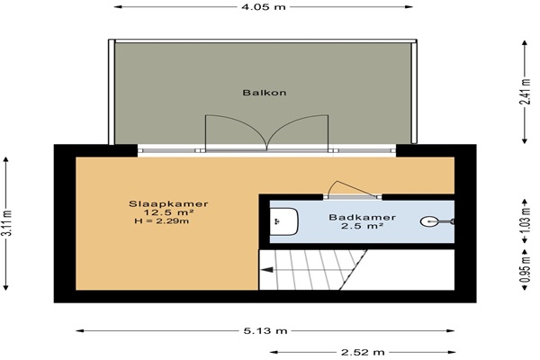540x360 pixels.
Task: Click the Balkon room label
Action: [x=264, y=93]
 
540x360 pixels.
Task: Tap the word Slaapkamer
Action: [x=168, y=204]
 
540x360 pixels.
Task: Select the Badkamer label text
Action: [x=363, y=218]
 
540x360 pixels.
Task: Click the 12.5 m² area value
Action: [x=168, y=212]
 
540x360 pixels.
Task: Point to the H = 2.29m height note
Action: [x=161, y=221]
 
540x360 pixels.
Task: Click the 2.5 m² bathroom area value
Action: [x=363, y=226]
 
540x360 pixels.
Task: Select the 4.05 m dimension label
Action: [x=264, y=7]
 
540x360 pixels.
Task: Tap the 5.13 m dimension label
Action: [x=265, y=331]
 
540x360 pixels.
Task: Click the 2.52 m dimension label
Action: [x=363, y=353]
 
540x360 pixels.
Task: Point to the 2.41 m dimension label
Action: [x=525, y=92]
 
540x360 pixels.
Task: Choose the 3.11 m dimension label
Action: [x=6, y=223]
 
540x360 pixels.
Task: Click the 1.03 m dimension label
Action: [x=525, y=220]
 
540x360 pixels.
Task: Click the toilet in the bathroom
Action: [x=283, y=221]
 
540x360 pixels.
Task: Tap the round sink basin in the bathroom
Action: [x=430, y=221]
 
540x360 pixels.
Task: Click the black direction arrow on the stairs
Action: [x=267, y=270]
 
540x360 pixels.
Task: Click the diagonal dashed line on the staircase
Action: [x=354, y=270]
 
